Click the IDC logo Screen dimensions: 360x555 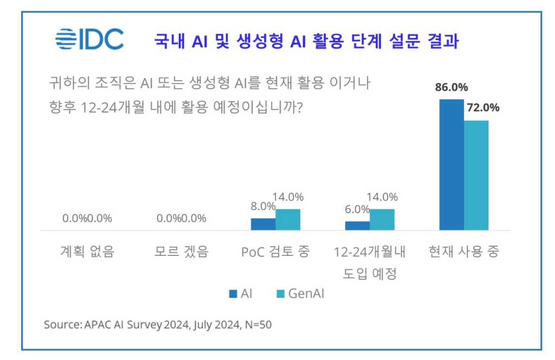89,38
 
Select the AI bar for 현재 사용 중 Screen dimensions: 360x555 451,165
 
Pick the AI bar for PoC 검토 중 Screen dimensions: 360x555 263,224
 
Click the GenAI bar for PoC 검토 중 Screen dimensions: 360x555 288,220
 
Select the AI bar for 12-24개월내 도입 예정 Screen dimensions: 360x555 357,226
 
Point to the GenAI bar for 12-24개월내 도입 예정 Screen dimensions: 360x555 382,220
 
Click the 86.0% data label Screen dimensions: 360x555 451,88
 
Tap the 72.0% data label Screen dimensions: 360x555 483,107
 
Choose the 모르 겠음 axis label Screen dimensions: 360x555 182,252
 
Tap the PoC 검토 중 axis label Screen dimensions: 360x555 275,252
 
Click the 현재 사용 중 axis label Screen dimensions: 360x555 463,252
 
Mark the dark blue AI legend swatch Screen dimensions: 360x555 233,294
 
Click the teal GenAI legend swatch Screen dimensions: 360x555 280,294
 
